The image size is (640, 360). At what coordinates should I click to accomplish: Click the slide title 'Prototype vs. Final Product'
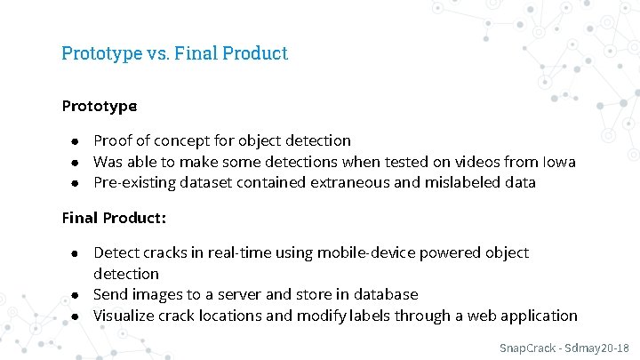pos(174,53)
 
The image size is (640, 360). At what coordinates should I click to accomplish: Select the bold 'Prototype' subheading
pos(100,106)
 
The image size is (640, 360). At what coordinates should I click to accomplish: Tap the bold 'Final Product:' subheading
pos(114,217)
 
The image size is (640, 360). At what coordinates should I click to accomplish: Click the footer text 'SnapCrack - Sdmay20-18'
pos(563,347)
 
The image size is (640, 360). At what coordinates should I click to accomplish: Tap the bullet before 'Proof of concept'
pos(78,141)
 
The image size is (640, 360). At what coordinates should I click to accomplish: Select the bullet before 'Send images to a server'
pos(78,295)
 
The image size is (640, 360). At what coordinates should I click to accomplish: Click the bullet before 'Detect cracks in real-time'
pos(78,254)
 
